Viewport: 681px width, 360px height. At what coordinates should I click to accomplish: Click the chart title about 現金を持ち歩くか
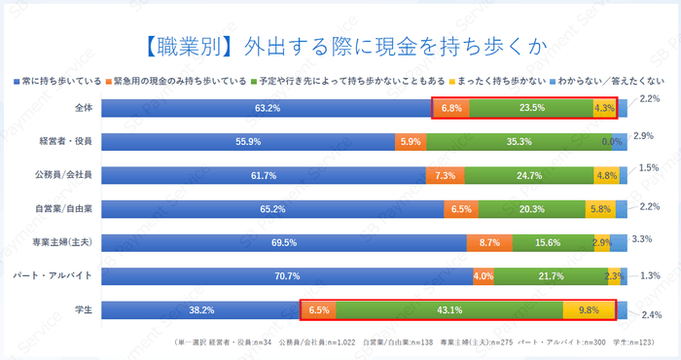(340, 44)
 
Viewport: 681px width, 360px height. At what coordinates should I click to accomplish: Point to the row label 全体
(83, 108)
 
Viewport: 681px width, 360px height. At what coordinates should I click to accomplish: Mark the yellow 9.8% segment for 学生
(589, 310)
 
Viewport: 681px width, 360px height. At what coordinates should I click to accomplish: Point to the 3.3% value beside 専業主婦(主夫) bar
(641, 237)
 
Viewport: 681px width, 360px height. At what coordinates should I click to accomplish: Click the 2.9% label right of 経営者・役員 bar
(642, 135)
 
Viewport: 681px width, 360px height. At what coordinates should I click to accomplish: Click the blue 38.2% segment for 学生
(201, 310)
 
